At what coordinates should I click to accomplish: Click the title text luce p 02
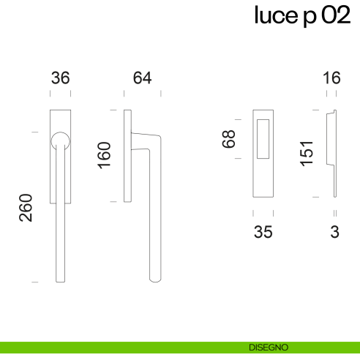pos(302,15)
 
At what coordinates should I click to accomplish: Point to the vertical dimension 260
pos(26,209)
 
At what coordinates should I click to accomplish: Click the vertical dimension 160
pos(105,155)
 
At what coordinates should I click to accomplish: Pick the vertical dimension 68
pos(230,139)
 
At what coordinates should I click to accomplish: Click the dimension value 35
pos(263,233)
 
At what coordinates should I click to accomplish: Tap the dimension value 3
pos(334,233)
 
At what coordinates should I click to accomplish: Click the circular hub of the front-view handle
pos(61,140)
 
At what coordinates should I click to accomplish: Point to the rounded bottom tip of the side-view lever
pos(154,279)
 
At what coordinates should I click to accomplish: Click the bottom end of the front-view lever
pos(61,278)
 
